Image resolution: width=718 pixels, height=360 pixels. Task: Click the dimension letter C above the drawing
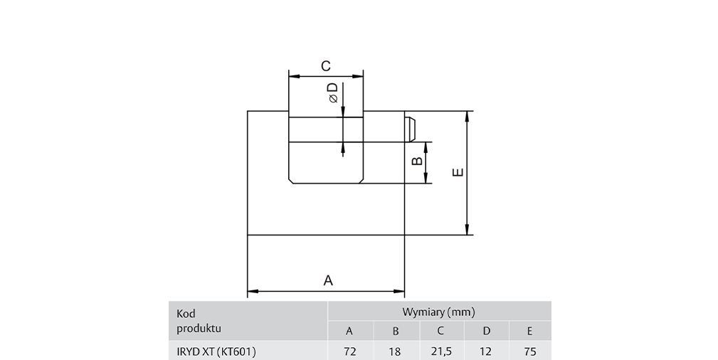[326, 66]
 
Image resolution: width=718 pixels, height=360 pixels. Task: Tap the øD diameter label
[333, 92]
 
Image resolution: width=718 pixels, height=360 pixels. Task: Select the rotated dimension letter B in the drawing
[417, 162]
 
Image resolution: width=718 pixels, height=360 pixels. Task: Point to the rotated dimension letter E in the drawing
[458, 172]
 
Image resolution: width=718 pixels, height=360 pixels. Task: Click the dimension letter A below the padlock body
[328, 280]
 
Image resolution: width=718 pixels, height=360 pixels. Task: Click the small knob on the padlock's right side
[411, 129]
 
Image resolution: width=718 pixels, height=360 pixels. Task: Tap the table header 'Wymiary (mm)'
[438, 312]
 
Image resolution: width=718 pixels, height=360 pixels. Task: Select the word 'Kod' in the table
[186, 314]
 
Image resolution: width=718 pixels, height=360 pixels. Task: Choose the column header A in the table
[349, 331]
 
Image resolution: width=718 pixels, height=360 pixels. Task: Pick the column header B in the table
[396, 331]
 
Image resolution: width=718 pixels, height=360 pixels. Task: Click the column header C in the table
[440, 331]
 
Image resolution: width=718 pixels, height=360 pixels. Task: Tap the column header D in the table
[486, 331]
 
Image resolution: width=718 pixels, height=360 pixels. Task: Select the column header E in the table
[530, 331]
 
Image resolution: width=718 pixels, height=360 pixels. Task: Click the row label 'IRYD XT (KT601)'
[216, 351]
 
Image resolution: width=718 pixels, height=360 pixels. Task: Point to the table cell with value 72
[349, 351]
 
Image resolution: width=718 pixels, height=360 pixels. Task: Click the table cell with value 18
[395, 351]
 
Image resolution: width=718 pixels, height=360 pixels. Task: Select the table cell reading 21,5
[441, 351]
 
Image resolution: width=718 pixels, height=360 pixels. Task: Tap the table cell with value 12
[485, 351]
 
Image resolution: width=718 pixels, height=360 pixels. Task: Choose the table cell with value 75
[530, 351]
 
